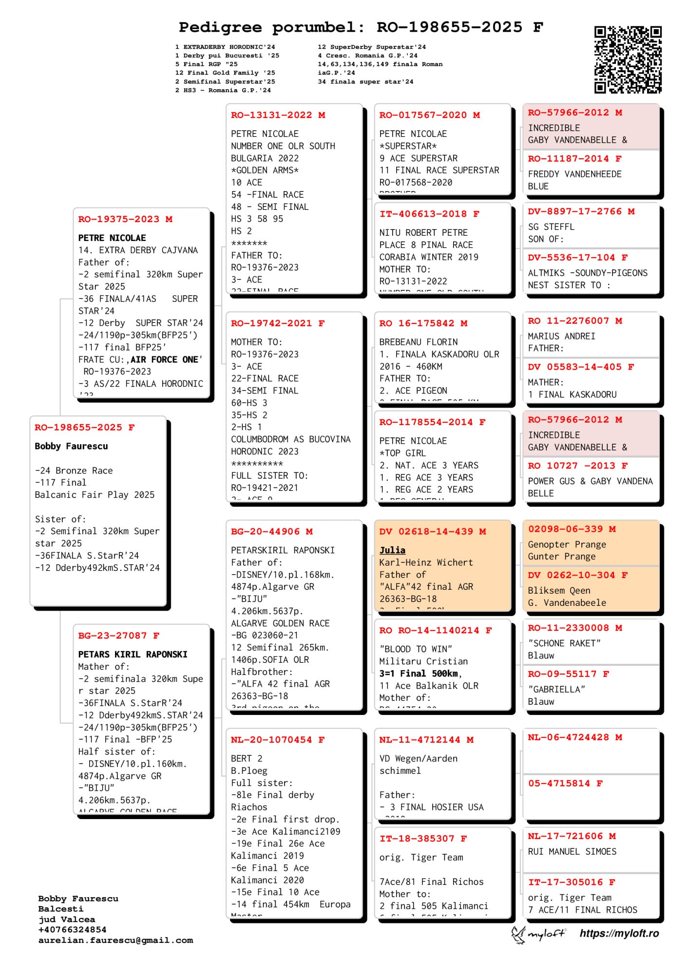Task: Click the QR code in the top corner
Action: (628, 60)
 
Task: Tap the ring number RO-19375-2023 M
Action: (125, 220)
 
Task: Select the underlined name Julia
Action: (392, 550)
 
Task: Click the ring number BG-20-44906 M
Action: (272, 532)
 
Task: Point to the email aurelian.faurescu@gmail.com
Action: (115, 940)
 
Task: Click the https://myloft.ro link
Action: (619, 934)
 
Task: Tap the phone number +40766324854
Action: (72, 930)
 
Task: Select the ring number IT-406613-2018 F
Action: (429, 214)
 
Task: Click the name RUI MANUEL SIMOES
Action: (572, 852)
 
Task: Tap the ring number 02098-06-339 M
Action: (572, 529)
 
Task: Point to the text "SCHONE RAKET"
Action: (564, 643)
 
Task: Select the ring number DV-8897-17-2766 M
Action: (581, 212)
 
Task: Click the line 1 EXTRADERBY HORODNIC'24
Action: (225, 47)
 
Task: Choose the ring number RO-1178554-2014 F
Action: (432, 423)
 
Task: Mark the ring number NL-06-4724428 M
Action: (575, 738)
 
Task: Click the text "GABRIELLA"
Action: (556, 690)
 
